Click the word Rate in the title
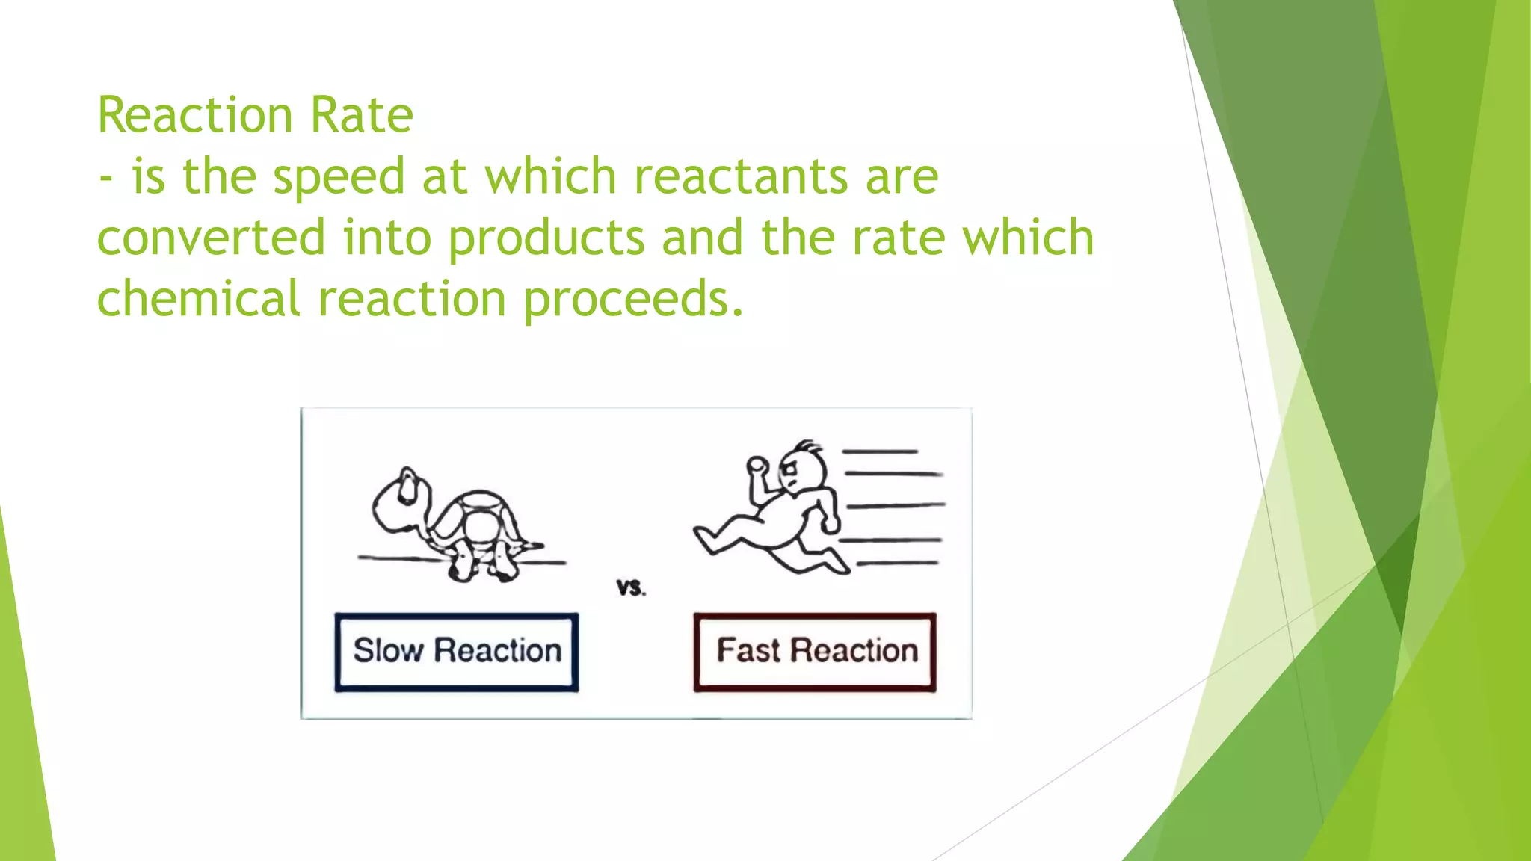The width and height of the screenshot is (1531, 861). (x=361, y=115)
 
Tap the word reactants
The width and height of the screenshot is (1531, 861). (x=740, y=176)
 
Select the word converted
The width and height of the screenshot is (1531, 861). (x=212, y=238)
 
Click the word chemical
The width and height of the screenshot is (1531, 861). (x=198, y=299)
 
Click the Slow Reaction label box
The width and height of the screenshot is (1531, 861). (x=456, y=652)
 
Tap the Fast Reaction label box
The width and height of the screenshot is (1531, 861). (x=815, y=652)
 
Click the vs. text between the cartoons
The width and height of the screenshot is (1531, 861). (x=631, y=588)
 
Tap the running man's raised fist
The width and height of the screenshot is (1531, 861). (x=757, y=465)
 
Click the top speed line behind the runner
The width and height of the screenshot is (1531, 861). (x=880, y=451)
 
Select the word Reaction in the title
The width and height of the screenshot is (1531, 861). (x=195, y=115)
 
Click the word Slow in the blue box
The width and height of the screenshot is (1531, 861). (x=388, y=650)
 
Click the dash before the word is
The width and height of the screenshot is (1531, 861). (x=107, y=179)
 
